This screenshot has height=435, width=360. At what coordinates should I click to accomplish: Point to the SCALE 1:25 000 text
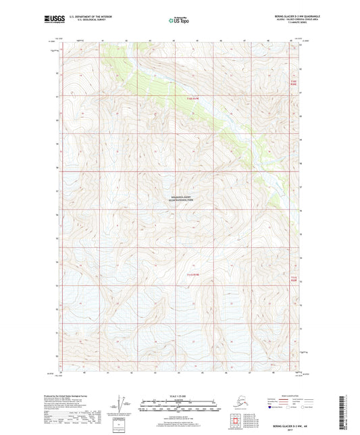tap(180, 395)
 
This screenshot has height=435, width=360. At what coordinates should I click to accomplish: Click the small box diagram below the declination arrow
tap(120, 424)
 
